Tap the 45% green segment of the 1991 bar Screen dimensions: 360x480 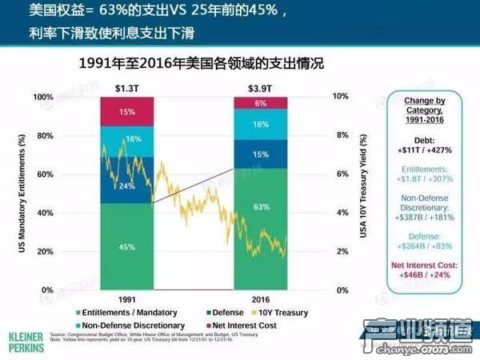click(126, 246)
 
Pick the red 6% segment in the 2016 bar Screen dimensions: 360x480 click(261, 103)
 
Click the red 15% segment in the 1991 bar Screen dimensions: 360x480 click(126, 112)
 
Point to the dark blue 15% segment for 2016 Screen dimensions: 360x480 click(261, 154)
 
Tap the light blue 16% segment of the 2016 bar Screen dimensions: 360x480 click(261, 125)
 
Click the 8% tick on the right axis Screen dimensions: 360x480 click(341, 135)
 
